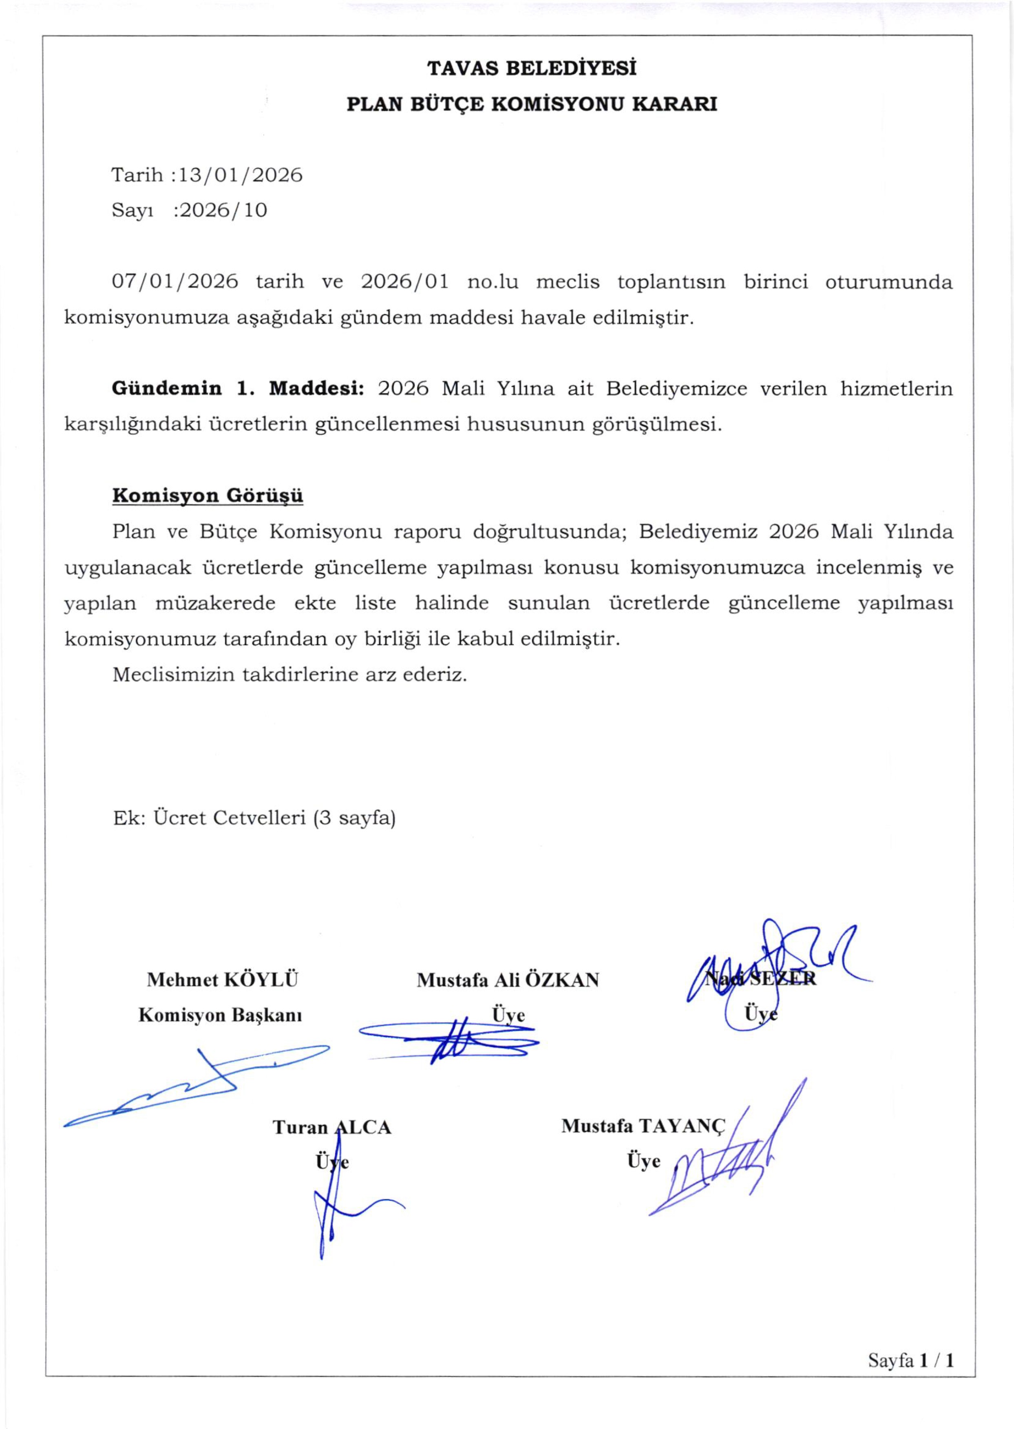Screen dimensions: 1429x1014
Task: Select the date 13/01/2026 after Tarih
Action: click(x=241, y=175)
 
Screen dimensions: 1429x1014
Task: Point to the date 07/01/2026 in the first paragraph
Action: click(x=175, y=282)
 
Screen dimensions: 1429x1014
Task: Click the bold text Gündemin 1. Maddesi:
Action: click(x=238, y=389)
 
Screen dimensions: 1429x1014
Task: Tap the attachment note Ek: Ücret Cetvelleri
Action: click(x=254, y=818)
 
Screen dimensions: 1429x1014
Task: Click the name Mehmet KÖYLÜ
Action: click(x=222, y=979)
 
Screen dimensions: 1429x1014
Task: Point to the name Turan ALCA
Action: click(x=331, y=1127)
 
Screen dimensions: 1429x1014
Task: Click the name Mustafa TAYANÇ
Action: click(x=643, y=1126)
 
